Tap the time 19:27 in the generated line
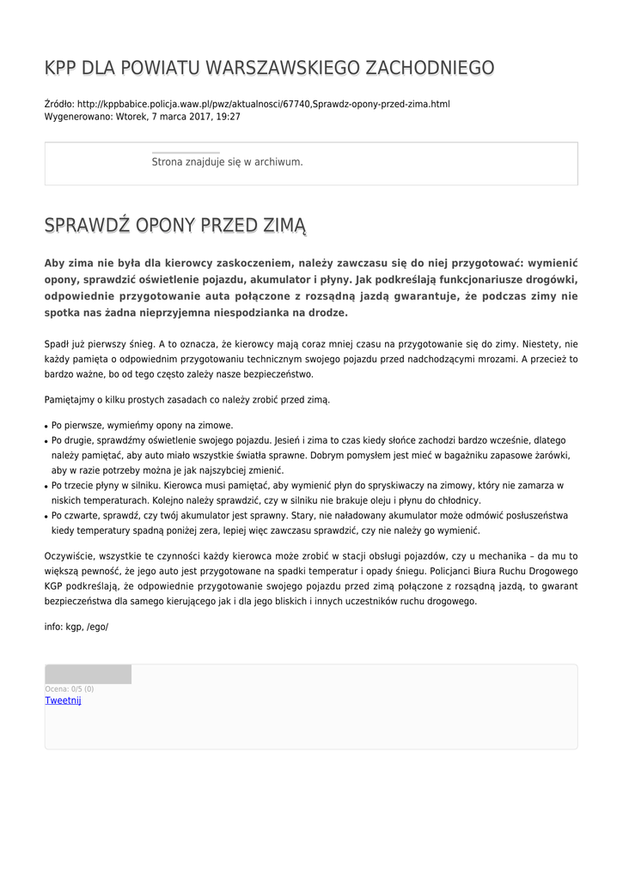228,117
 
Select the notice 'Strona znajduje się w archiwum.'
227,161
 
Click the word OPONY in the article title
164,226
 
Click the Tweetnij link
63,700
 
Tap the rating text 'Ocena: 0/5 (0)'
69,688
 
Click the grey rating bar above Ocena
88,674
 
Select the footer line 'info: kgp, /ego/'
76,627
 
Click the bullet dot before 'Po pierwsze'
46,426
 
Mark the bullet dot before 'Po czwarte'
46,517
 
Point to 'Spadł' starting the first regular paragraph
58,343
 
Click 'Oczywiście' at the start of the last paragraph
71,556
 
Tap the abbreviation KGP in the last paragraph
56,586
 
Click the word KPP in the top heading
61,68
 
